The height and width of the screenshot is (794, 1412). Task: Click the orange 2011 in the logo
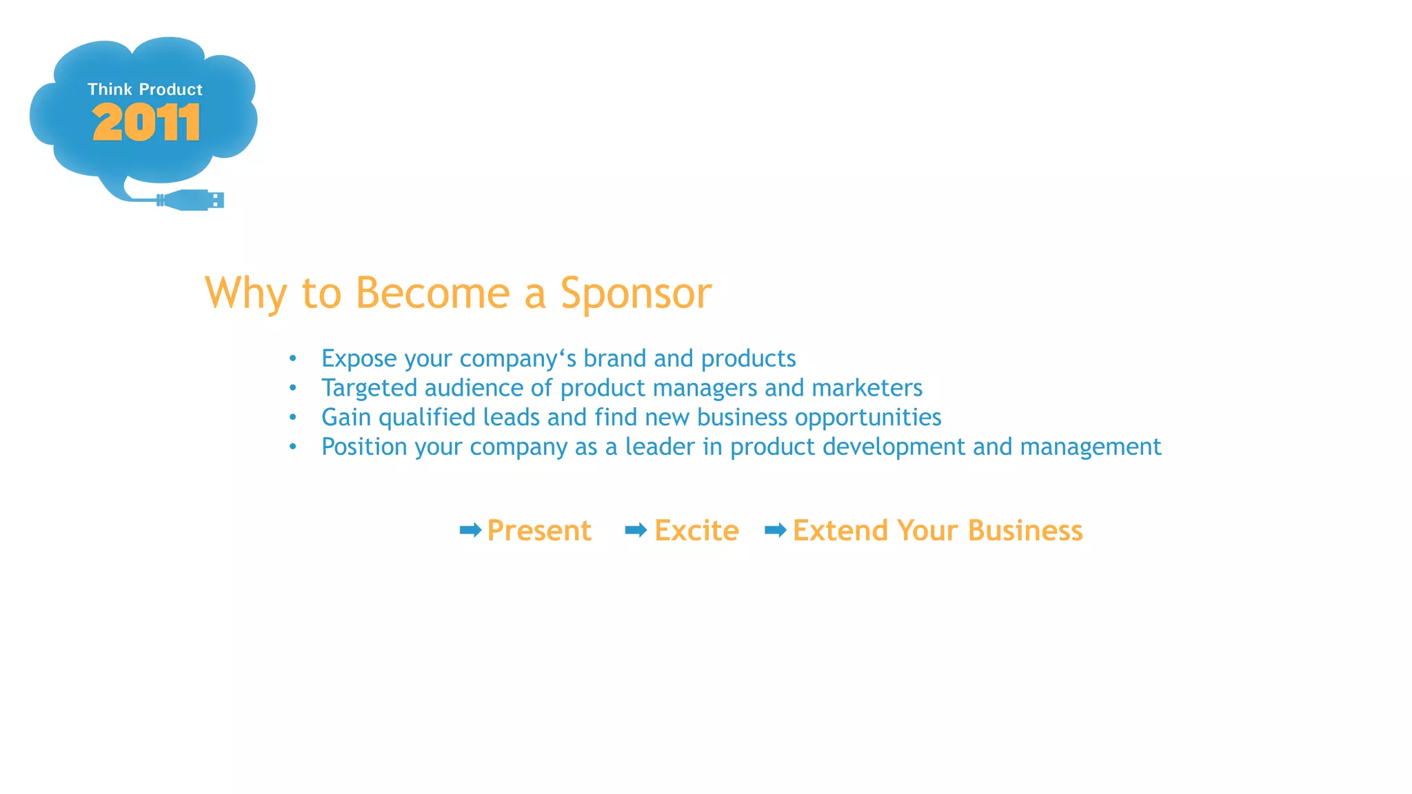(x=145, y=123)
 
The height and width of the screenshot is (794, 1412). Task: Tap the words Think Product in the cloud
(x=145, y=90)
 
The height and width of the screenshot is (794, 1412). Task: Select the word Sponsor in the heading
(x=635, y=294)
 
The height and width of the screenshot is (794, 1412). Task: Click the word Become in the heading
(x=433, y=292)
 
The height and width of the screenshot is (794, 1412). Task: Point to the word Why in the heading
(x=245, y=294)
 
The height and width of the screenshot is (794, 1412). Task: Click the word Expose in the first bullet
(x=359, y=359)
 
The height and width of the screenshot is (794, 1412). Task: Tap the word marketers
(x=867, y=388)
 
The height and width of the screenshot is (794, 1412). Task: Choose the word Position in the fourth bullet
(x=364, y=447)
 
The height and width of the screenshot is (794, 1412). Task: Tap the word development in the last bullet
(x=894, y=447)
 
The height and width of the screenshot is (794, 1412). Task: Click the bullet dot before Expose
(x=293, y=358)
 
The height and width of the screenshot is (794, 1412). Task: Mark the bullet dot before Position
(x=293, y=447)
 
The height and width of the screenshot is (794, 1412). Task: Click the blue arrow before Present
(x=470, y=530)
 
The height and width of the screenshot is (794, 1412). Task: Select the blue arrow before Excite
(x=636, y=530)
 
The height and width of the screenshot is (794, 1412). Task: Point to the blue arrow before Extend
(x=776, y=530)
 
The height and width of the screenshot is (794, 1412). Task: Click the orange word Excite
(x=696, y=531)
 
